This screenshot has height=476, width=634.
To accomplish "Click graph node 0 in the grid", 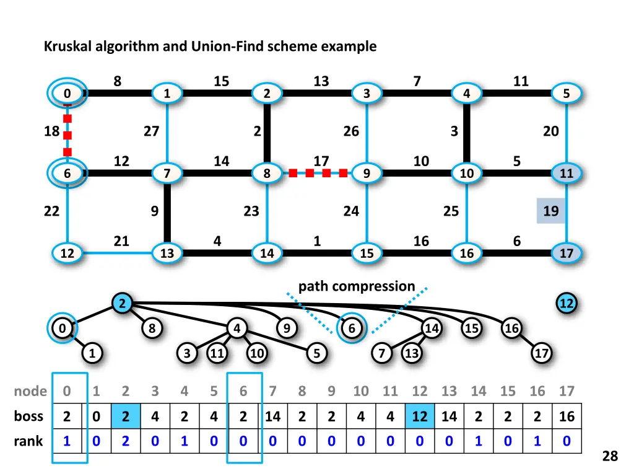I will coord(67,94).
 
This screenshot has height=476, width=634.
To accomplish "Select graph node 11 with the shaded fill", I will coord(567,174).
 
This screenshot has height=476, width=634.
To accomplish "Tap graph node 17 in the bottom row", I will coord(567,253).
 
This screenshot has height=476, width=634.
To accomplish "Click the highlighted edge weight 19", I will coord(550,211).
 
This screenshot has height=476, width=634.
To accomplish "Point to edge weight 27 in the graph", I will coord(151,131).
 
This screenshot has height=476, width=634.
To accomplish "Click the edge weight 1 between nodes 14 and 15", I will coord(317,241).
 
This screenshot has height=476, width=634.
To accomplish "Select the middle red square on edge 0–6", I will coord(67,134).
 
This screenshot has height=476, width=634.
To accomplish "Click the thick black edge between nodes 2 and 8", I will coord(267,133).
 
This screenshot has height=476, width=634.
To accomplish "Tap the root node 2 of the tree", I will coord(123,304).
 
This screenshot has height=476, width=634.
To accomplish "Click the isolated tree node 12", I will coord(567,304).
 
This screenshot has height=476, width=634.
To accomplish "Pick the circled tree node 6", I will coord(352,328).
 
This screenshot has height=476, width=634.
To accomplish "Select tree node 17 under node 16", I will coord(542,353).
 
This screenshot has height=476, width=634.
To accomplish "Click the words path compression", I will coord(357,286).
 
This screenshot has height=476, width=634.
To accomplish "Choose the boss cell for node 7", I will coord(272,416).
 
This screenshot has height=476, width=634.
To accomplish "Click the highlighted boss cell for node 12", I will coord(420,416).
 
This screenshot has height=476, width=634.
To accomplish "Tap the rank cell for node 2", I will coord(125,441).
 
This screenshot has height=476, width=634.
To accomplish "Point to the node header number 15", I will coord(508,391).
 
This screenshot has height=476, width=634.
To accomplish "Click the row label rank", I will coord(28,441).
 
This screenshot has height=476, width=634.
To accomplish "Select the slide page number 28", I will coord(610,456).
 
